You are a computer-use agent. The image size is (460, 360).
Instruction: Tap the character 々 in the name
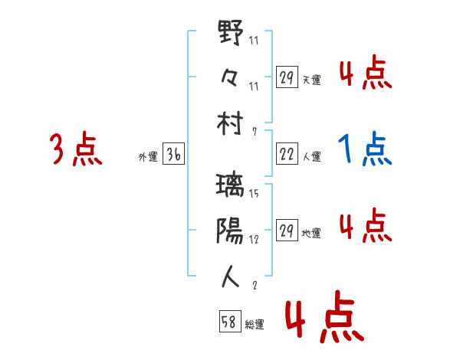click(x=230, y=79)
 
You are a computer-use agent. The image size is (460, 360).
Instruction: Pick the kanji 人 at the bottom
click(x=231, y=275)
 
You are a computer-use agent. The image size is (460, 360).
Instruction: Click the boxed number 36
click(x=173, y=155)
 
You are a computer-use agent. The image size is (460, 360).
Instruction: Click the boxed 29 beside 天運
click(x=287, y=77)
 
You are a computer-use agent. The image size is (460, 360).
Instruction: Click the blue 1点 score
click(x=365, y=150)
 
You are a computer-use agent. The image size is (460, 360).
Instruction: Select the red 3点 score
click(x=76, y=149)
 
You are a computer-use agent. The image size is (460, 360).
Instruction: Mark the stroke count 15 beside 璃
click(x=254, y=193)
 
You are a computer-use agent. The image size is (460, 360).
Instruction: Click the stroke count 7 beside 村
click(x=255, y=131)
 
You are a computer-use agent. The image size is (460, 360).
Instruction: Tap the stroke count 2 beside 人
click(x=254, y=285)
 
